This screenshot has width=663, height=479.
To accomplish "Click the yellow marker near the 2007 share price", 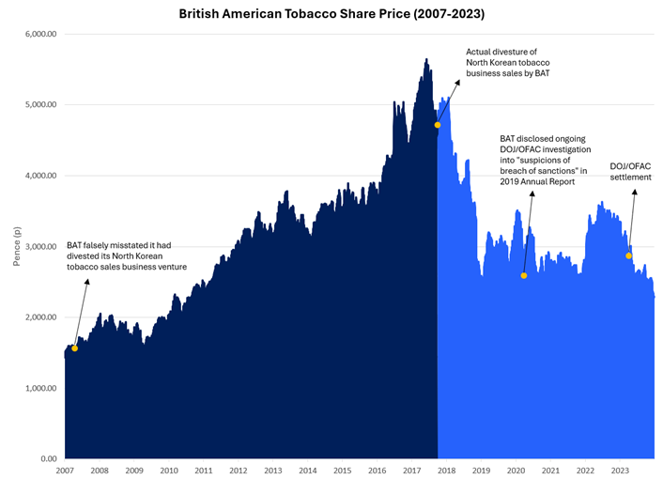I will pos(74,348).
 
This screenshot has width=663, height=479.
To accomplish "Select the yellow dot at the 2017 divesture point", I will pos(438,125).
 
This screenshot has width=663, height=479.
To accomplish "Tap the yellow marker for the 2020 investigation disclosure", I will pos(524,275).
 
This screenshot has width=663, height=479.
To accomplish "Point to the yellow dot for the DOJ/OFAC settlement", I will pos(629,255).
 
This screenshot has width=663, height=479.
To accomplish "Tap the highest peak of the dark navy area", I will pos(426,59).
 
